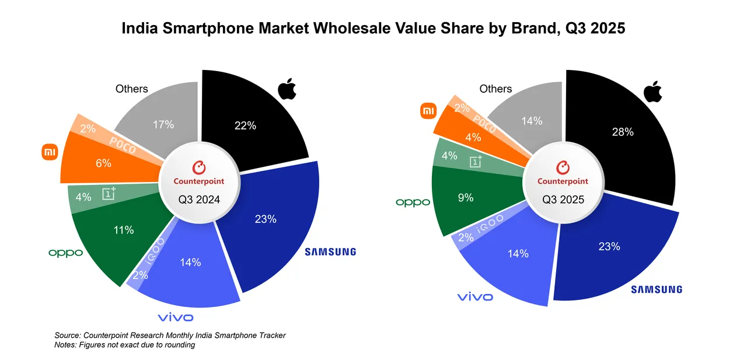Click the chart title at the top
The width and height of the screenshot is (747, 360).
373,29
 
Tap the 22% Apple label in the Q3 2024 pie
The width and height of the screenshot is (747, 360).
245,125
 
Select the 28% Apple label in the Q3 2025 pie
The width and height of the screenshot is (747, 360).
622,132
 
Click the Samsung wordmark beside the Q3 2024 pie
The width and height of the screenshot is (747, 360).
330,252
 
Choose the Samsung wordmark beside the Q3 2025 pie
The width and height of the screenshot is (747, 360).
657,289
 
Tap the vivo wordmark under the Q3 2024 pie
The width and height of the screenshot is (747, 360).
176,317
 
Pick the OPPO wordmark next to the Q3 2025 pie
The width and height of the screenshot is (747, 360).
413,202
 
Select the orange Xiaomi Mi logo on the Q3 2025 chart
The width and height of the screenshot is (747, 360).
428,110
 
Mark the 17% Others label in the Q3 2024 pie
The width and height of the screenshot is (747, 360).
163,124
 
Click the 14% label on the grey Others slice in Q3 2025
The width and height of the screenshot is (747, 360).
532,121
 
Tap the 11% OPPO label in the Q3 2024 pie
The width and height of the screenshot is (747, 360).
123,230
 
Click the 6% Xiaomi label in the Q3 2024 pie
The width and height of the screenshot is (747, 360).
103,163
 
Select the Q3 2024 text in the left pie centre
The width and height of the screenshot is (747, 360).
199,200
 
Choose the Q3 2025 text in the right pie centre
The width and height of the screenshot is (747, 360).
563,200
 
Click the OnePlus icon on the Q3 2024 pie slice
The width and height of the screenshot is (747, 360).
109,193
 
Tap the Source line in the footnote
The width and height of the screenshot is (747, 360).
170,335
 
